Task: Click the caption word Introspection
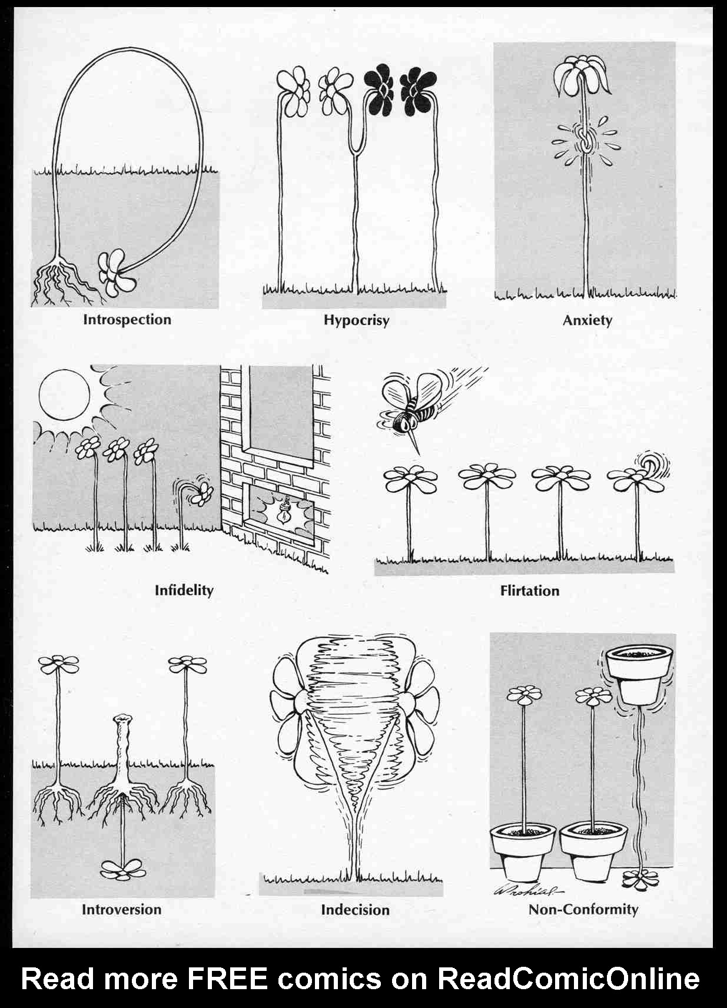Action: pyautogui.click(x=127, y=320)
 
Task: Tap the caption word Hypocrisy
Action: pyautogui.click(x=356, y=321)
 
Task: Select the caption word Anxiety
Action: pyautogui.click(x=587, y=321)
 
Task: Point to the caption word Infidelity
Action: pyautogui.click(x=184, y=590)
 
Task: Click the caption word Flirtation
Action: pyautogui.click(x=530, y=591)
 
